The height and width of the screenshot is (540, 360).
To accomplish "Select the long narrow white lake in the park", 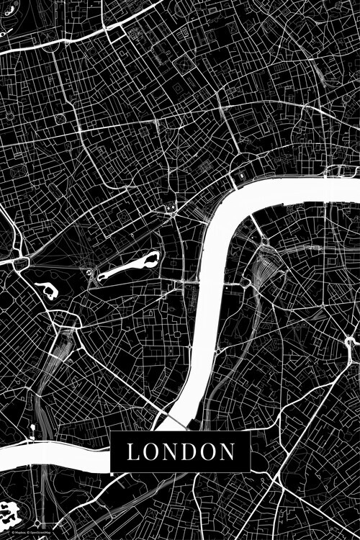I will (x=126, y=268).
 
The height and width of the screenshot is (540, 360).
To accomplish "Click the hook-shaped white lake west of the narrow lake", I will (x=47, y=291).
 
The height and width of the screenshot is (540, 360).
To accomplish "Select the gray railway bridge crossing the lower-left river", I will (x=43, y=450).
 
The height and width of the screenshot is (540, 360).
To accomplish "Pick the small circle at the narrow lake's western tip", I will (x=91, y=273).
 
